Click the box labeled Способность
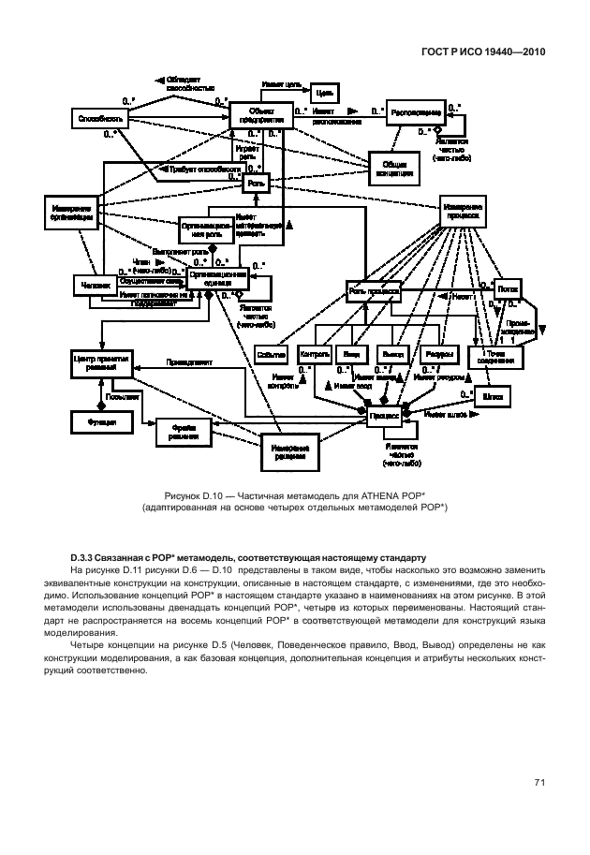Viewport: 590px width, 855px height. click(98, 119)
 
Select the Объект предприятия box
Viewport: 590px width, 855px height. click(253, 115)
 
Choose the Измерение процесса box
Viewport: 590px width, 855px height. click(465, 213)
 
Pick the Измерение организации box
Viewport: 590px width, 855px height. click(70, 213)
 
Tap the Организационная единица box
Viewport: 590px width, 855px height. click(217, 277)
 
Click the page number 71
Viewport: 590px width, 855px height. click(539, 783)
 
